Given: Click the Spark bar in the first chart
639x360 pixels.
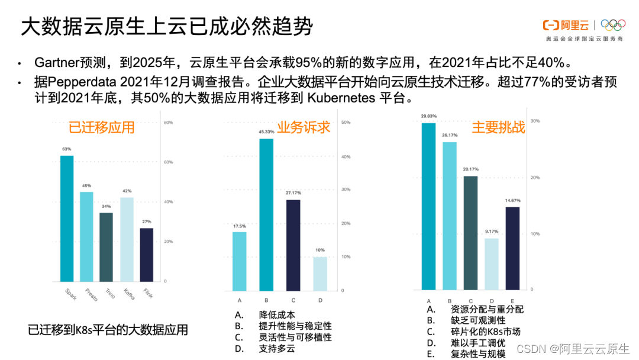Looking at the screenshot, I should pyautogui.click(x=67, y=218).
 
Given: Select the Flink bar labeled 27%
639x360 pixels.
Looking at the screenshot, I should pyautogui.click(x=146, y=255).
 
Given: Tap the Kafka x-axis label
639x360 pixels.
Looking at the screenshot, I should pyautogui.click(x=128, y=293).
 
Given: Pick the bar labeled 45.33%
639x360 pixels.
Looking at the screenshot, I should pyautogui.click(x=266, y=214).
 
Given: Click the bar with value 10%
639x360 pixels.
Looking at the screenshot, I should pyautogui.click(x=320, y=274).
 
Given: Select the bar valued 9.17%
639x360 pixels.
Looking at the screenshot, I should pyautogui.click(x=492, y=263).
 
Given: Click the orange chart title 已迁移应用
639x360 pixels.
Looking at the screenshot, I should pyautogui.click(x=102, y=127).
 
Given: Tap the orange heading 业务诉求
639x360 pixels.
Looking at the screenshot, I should pyautogui.click(x=304, y=127).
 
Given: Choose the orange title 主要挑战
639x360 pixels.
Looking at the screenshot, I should pyautogui.click(x=498, y=127).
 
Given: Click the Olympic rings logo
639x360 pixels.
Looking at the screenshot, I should pyautogui.click(x=613, y=25).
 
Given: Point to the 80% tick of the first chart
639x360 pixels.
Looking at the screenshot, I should pyautogui.click(x=168, y=123).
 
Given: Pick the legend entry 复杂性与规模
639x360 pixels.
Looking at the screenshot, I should pyautogui.click(x=478, y=354).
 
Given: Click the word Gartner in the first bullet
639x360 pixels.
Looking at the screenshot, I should pyautogui.click(x=55, y=63).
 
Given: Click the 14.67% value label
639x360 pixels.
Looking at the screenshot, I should pyautogui.click(x=512, y=201).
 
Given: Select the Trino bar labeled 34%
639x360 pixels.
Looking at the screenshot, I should pyautogui.click(x=106, y=247).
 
